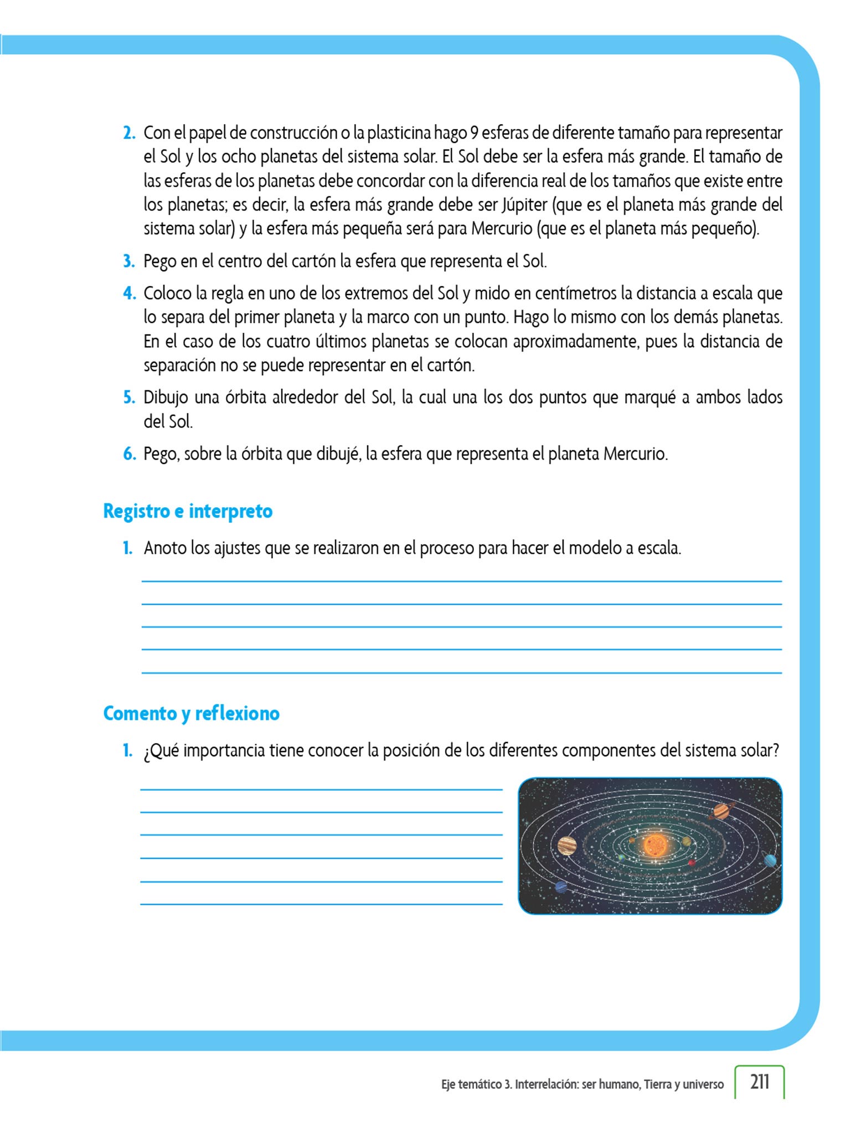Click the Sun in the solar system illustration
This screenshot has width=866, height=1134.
pos(656,844)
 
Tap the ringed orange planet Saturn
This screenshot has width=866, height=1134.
pos(721,811)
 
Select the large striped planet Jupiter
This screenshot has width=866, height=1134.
pos(567,846)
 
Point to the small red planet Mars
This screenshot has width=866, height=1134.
pos(692,863)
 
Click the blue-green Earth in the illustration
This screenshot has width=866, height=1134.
pos(622,857)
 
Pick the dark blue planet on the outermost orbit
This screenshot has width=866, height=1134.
pos(561,886)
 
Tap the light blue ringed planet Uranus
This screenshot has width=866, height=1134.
pos(770,860)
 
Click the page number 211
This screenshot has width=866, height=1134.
pos(760,1081)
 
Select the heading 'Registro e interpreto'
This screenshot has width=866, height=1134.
pos(188,511)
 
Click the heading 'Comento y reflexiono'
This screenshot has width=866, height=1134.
pos(191,713)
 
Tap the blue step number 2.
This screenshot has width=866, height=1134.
pos(129,133)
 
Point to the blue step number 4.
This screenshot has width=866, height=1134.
pos(129,293)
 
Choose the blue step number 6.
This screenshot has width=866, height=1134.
pos(129,454)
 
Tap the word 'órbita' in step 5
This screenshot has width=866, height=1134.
pos(245,397)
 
